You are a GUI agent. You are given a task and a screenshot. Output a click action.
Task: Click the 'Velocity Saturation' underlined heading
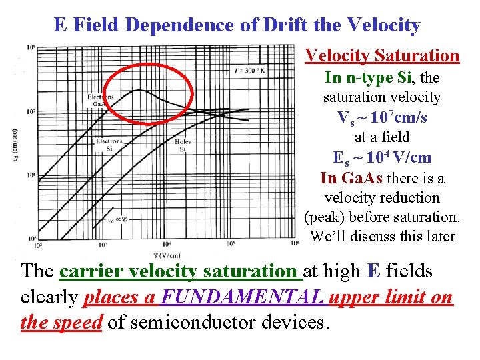click(382, 55)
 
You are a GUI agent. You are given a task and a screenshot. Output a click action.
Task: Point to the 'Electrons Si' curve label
click(109, 145)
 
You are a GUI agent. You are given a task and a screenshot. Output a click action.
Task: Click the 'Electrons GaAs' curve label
click(101, 100)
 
